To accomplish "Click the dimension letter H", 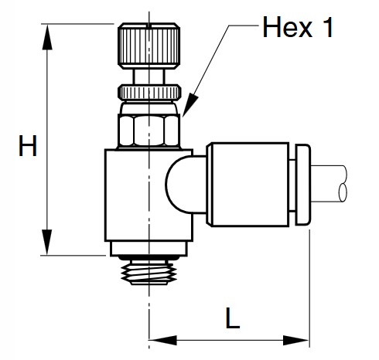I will (x=29, y=147).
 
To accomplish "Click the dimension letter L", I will (x=230, y=317).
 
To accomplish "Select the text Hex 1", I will (x=297, y=29).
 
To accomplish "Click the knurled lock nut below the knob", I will (x=148, y=91).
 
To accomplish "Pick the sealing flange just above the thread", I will (x=148, y=248).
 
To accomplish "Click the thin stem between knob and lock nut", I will (x=148, y=75).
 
